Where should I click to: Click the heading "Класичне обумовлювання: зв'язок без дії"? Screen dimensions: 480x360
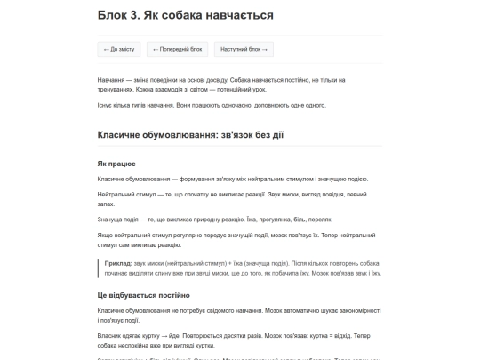tap(203, 134)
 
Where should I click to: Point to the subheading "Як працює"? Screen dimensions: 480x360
tap(116, 164)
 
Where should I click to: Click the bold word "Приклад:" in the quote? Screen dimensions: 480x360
tap(118, 265)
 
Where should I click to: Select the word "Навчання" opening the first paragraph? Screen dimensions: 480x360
tap(110, 80)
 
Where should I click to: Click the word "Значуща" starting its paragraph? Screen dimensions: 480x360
tap(110, 219)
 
